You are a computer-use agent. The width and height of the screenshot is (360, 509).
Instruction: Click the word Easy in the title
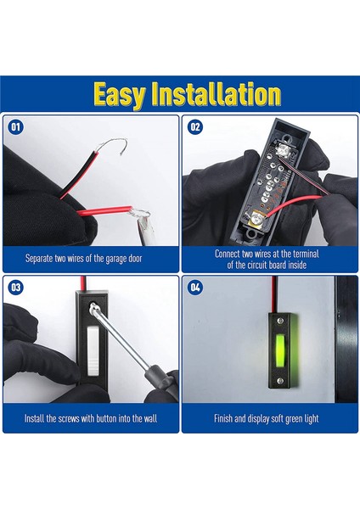119,94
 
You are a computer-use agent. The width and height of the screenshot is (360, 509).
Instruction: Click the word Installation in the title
216,94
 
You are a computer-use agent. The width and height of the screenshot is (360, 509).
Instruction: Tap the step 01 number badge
15,126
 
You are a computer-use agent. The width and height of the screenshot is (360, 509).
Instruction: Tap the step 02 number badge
195,126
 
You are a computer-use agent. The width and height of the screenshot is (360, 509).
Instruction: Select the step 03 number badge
15,288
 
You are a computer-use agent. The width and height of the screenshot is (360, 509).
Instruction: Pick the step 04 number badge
195,288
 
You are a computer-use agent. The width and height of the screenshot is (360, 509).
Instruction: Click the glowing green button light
280,350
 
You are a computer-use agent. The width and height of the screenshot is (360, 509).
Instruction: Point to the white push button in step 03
93,351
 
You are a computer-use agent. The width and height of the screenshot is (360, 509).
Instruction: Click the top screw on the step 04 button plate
280,321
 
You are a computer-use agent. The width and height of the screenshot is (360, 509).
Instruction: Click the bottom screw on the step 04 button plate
280,380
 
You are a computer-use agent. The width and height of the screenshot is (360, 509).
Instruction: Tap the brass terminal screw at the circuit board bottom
256,219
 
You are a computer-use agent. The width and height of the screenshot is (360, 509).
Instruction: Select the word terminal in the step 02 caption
306,254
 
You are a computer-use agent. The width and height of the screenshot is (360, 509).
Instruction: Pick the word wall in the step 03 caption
151,418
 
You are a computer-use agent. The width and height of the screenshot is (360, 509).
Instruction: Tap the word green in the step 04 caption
295,419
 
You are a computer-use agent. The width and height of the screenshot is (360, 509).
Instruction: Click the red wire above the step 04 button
274,294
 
